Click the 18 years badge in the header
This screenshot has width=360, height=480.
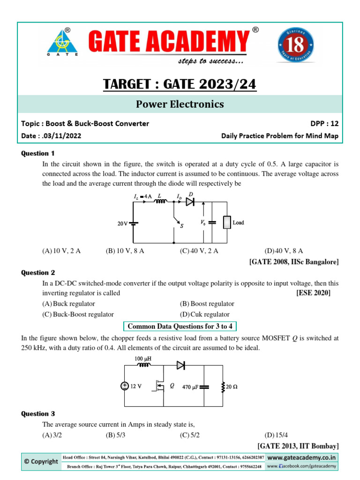[x=295, y=45]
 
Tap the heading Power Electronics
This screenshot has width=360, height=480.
[x=180, y=104]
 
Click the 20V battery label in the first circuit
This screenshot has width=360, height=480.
[x=122, y=224]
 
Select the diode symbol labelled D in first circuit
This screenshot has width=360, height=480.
[x=190, y=202]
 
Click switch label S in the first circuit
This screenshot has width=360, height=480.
[x=181, y=225]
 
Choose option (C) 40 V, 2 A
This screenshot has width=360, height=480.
[x=199, y=251]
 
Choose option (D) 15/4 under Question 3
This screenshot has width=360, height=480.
[x=274, y=435]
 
